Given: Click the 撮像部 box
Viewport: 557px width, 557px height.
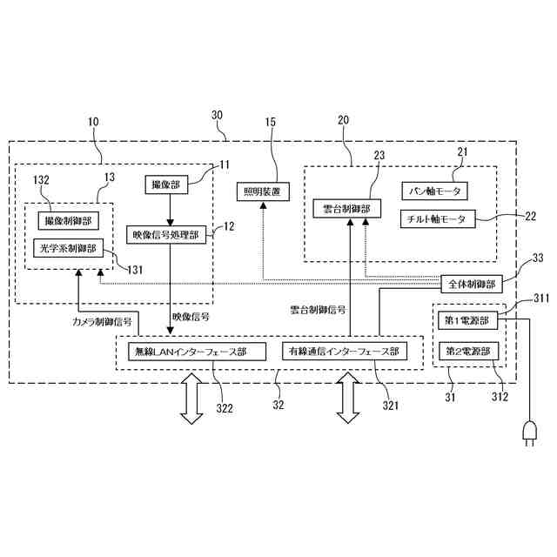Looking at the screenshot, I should (x=166, y=185).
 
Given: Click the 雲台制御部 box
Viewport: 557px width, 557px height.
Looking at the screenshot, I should (x=346, y=209).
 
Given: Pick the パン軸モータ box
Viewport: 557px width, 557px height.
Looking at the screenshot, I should (x=436, y=190).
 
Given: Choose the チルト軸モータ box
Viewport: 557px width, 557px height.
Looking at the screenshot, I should (x=439, y=218).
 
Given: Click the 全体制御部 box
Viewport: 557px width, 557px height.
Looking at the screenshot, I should (x=471, y=284).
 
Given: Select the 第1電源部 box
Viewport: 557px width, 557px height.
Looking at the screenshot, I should (x=467, y=320).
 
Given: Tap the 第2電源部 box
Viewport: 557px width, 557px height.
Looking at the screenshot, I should (x=467, y=352).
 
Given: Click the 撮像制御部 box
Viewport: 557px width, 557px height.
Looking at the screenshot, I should (x=67, y=221).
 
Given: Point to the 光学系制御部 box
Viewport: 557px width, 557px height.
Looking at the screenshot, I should (x=67, y=248).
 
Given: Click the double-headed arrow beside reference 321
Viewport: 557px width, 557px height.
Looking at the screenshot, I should (x=348, y=399).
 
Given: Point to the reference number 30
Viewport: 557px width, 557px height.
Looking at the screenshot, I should (x=217, y=115).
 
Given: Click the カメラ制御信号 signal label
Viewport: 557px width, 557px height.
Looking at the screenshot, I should (x=103, y=321).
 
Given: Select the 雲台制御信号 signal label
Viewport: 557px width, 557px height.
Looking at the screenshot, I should (x=318, y=309).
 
